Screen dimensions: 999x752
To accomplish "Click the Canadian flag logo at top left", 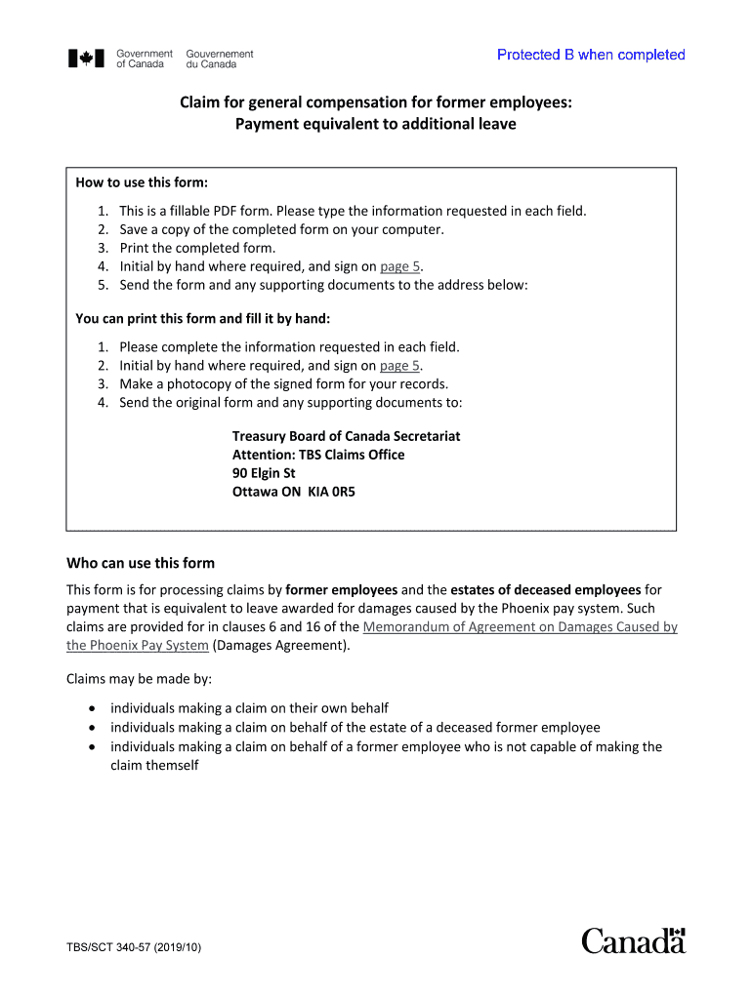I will [x=85, y=59].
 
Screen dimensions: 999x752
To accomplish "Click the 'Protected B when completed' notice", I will [x=591, y=55].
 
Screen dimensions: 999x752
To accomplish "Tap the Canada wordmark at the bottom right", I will [x=634, y=940].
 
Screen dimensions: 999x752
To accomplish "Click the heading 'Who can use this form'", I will [x=140, y=563].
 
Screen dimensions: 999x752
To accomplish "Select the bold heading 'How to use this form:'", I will [x=142, y=182].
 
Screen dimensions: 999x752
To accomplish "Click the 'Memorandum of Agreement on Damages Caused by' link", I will [x=520, y=627].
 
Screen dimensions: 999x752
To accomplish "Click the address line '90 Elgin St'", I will [x=264, y=473].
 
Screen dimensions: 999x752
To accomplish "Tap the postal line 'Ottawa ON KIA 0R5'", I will [x=293, y=492].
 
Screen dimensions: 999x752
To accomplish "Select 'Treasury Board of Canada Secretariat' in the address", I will [x=346, y=436].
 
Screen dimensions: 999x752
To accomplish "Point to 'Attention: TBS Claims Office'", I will [x=317, y=455].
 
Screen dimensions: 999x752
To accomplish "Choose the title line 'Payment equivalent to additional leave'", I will [x=375, y=124].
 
